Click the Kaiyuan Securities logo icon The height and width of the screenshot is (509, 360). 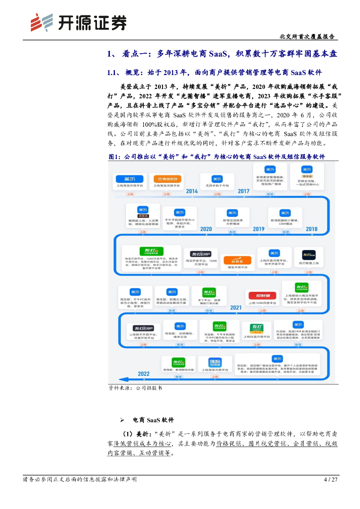[x=41, y=22]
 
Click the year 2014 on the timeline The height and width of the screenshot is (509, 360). [x=192, y=191]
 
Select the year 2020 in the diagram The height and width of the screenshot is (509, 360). [x=206, y=229]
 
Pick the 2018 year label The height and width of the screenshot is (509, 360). [x=311, y=229]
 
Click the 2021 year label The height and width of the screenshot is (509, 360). [x=236, y=308]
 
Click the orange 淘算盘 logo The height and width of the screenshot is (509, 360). [x=233, y=259]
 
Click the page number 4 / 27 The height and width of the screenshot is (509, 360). [x=330, y=480]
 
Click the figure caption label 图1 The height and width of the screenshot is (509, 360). [x=115, y=157]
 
